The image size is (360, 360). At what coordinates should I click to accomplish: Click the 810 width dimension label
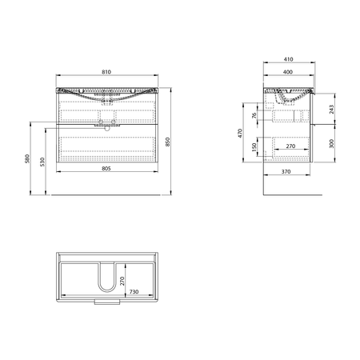[x=106, y=72]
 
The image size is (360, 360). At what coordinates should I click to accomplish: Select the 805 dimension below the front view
[x=106, y=169]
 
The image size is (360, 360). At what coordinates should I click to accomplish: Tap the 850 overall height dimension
[x=168, y=142]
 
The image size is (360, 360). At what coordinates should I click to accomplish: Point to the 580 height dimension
[x=27, y=158]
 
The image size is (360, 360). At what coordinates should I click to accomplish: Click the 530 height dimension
[x=42, y=162]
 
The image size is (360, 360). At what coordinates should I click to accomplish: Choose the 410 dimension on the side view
[x=288, y=59]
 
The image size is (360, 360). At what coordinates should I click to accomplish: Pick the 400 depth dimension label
[x=288, y=72]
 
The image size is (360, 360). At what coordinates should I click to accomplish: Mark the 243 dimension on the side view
[x=331, y=109]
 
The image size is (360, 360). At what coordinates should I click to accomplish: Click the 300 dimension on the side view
[x=331, y=143]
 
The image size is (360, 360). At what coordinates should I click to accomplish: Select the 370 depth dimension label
[x=286, y=172]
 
